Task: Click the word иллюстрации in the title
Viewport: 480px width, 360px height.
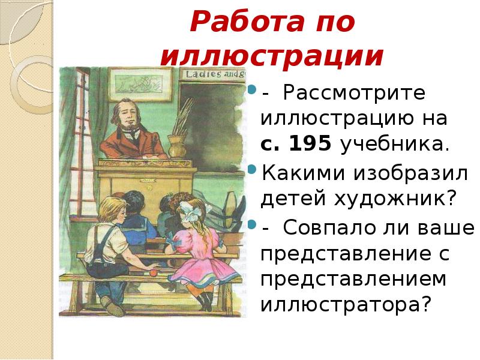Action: (272, 57)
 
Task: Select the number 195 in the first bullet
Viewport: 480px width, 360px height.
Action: (313, 145)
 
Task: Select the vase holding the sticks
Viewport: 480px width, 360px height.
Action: (176, 144)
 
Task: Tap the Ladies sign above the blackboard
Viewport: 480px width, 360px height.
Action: (215, 74)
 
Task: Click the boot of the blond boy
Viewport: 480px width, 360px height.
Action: (112, 305)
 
